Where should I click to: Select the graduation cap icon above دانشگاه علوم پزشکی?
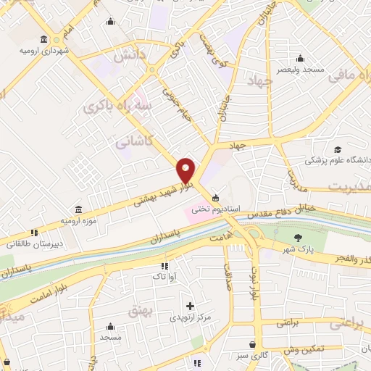click(337, 149)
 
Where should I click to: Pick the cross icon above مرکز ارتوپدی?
click(191, 307)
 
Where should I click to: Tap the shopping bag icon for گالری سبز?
click(251, 345)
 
